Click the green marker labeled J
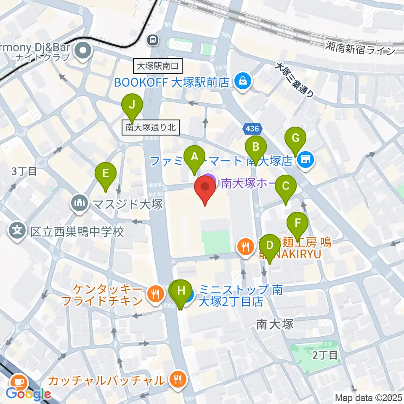click(x=132, y=106)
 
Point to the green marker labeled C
click(x=285, y=186)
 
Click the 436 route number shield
click(x=252, y=128)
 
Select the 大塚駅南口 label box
click(x=158, y=66)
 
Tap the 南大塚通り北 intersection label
click(x=151, y=127)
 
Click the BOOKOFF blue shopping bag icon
click(x=243, y=80)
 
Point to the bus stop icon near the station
click(x=152, y=40)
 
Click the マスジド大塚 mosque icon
click(x=79, y=205)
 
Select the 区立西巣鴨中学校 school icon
click(x=17, y=231)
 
